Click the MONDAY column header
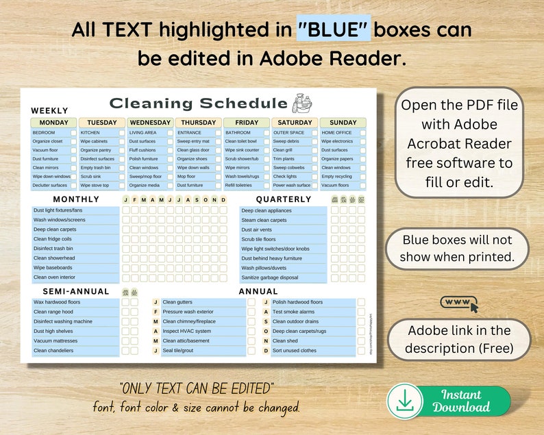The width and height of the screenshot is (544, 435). coord(54,123)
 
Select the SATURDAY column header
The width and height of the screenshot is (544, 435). coord(295,123)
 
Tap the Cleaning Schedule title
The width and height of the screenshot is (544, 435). coord(199,103)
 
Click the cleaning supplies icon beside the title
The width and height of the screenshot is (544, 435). coord(302,103)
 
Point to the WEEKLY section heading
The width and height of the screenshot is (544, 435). coord(49,110)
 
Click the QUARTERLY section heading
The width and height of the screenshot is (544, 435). coord(284,199)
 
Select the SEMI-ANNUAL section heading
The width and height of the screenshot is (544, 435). coord(71,291)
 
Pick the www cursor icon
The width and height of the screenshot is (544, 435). coord(460,303)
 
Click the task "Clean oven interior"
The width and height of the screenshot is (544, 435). coord(55,277)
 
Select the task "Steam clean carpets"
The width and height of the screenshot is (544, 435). coord(264,220)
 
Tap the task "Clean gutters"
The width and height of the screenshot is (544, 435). coord(177,302)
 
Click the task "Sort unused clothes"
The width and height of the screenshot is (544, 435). coord(295,350)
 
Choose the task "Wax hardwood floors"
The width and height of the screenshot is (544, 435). coord(57,302)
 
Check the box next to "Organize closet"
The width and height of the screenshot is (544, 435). coord(73,141)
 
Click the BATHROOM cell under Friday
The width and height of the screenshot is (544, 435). coord(238,132)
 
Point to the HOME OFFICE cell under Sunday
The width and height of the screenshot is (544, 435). coord(336,132)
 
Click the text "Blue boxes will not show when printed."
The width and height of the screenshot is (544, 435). coord(458,249)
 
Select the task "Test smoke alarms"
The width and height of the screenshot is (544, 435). coord(293,312)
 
